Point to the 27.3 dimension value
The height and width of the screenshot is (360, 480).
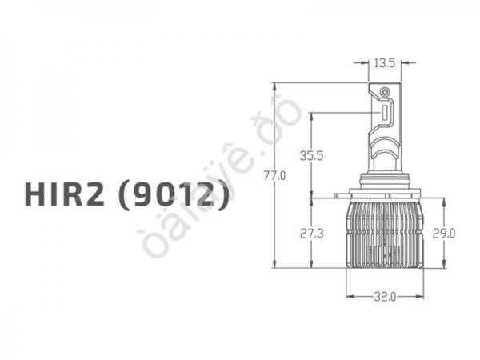pos(311,234)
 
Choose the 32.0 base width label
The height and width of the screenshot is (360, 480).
pos(385,298)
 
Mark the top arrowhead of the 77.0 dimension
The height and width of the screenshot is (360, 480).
pos(274,86)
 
